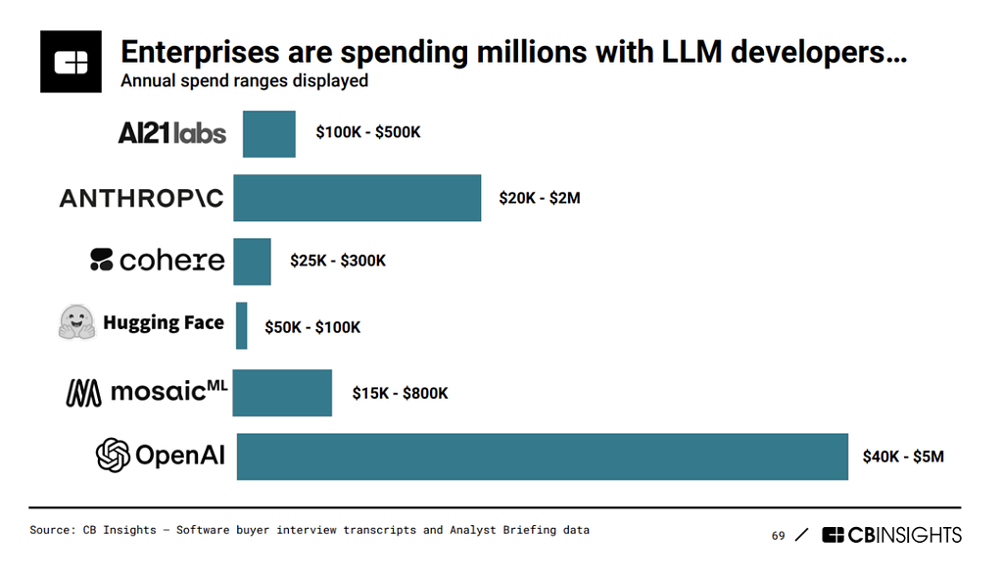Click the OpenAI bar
[x=543, y=457]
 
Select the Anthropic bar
[x=357, y=198]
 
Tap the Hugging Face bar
[x=241, y=326]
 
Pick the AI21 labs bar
[x=269, y=134]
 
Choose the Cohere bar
[x=252, y=262]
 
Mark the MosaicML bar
[x=282, y=393]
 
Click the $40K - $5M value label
[x=903, y=457]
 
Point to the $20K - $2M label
[x=540, y=198]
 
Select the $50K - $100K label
[x=312, y=327]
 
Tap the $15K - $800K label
[x=401, y=393]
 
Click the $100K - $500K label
[x=368, y=132]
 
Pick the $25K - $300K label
[x=338, y=261]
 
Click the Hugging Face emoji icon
[x=76, y=321]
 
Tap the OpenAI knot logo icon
[x=113, y=456]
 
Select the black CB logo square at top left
[x=71, y=62]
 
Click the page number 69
[x=778, y=536]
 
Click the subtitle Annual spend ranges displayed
[x=244, y=81]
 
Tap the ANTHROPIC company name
[x=142, y=199]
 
